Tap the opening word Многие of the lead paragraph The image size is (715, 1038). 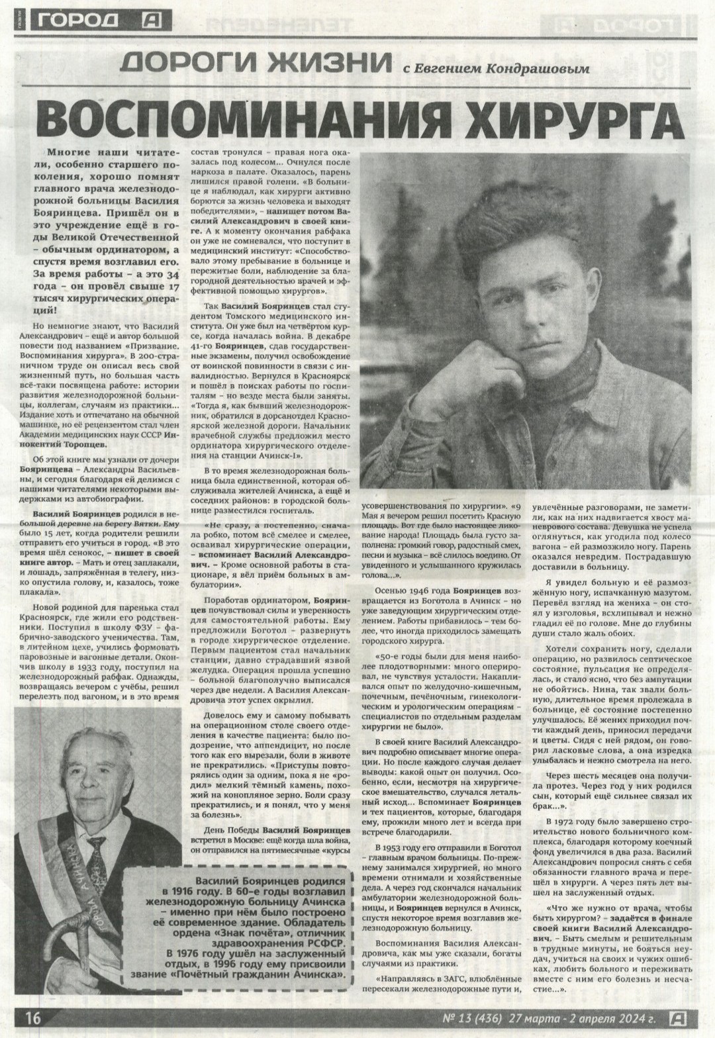[71, 152]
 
